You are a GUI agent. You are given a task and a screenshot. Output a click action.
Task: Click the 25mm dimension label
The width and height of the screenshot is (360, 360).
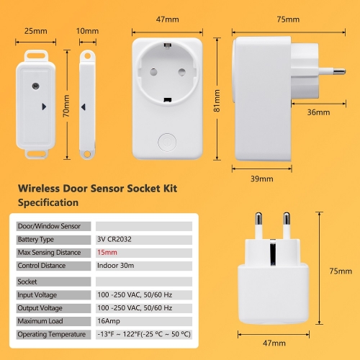(36, 31)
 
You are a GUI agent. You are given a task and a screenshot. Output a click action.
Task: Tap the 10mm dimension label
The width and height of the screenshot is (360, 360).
(87, 31)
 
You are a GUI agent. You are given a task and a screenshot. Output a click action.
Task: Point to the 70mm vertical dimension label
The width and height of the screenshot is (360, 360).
(66, 106)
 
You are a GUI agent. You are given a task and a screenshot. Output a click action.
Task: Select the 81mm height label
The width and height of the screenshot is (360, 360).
(217, 101)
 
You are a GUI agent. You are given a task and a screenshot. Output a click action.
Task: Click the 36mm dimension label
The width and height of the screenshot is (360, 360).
(318, 112)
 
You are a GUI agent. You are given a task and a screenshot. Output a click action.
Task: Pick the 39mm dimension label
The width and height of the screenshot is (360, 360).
(262, 179)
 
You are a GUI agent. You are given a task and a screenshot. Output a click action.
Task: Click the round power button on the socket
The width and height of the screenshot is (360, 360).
(167, 143)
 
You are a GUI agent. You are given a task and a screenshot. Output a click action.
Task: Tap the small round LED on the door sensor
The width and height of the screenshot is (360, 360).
(36, 86)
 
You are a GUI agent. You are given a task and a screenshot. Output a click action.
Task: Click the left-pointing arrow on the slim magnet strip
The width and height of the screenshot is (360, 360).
(84, 107)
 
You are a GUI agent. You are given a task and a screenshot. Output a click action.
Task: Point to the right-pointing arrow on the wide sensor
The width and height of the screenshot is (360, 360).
(44, 107)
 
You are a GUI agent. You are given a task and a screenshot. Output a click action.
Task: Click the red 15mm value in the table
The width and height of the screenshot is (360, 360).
(107, 253)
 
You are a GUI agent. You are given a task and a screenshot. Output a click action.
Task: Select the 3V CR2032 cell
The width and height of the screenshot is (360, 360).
(114, 239)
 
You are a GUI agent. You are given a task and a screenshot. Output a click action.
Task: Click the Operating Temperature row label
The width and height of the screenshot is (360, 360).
(52, 334)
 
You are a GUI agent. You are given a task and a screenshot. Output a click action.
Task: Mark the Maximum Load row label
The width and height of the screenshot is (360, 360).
(40, 321)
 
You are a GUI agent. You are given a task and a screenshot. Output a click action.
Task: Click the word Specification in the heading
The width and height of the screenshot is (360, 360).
(48, 202)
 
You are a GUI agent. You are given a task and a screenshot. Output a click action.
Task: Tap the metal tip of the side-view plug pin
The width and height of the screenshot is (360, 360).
(340, 71)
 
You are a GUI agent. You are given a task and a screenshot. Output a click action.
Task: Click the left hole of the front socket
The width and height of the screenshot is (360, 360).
(153, 72)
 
